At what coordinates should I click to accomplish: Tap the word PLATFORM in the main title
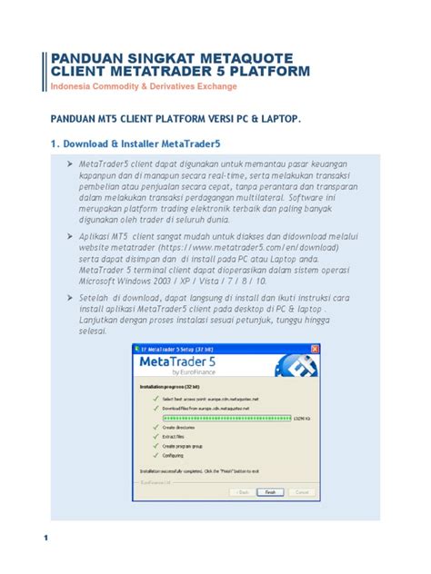[x=260, y=71]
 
